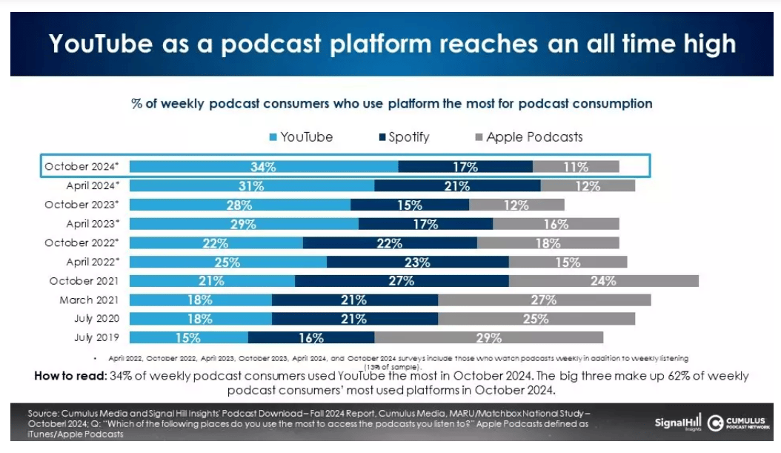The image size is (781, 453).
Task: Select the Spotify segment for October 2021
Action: (x=402, y=281)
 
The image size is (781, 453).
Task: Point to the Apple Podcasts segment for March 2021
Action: (x=544, y=300)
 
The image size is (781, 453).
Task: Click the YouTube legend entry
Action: (x=299, y=137)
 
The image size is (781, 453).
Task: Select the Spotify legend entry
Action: (x=403, y=137)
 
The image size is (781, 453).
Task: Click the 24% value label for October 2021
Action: (x=603, y=281)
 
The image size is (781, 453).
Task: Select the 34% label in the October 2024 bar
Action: (x=263, y=167)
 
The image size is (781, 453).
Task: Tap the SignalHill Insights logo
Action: (x=677, y=423)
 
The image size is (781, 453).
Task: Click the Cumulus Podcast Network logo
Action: (x=737, y=423)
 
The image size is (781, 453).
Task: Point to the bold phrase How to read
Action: (x=69, y=375)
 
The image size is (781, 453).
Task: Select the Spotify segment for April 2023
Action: (x=425, y=224)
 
